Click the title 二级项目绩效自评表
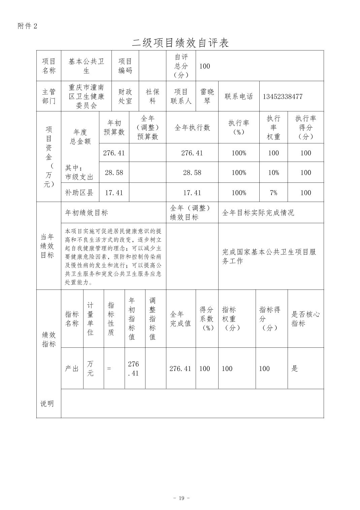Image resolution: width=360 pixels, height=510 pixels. [x=180, y=43]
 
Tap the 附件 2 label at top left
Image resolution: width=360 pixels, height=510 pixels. [x=27, y=26]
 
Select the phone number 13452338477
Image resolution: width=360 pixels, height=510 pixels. [x=283, y=97]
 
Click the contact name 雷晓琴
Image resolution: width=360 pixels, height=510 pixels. [x=207, y=96]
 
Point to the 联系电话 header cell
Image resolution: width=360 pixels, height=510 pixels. [x=239, y=97]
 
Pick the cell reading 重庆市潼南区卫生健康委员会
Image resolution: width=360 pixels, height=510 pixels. [x=86, y=96]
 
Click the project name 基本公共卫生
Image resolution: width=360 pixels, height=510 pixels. [x=86, y=66]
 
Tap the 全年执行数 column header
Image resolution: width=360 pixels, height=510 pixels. [x=192, y=128]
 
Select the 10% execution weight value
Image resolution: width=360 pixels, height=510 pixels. [x=273, y=173]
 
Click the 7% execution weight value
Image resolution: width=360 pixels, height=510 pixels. [x=273, y=193]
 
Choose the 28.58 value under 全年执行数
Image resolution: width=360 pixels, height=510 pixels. [x=192, y=173]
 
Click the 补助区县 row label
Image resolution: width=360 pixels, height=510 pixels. [x=79, y=193]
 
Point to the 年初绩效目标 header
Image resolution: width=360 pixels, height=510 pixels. [x=87, y=212]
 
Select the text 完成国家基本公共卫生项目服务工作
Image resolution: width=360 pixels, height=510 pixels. [x=269, y=256]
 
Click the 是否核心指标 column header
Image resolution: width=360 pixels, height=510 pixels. [x=305, y=318]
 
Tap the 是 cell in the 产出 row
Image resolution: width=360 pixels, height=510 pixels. [x=295, y=369]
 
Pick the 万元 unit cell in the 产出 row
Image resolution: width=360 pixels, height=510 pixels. [x=91, y=369]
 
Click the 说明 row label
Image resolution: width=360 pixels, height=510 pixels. [x=47, y=404]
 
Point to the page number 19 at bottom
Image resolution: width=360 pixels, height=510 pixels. [x=182, y=498]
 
